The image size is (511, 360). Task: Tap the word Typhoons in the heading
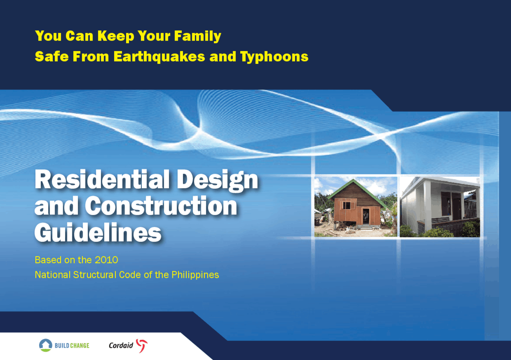pyautogui.click(x=274, y=57)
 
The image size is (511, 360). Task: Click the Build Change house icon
pyautogui.click(x=46, y=345)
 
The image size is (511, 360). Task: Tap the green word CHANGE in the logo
pyautogui.click(x=79, y=345)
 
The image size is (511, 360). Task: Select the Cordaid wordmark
pyautogui.click(x=121, y=345)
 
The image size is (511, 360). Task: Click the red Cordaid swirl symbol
pyautogui.click(x=142, y=345)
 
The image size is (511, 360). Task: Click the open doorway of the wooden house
pyautogui.click(x=366, y=217)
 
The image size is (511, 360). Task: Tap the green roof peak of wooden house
pyautogui.click(x=351, y=182)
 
